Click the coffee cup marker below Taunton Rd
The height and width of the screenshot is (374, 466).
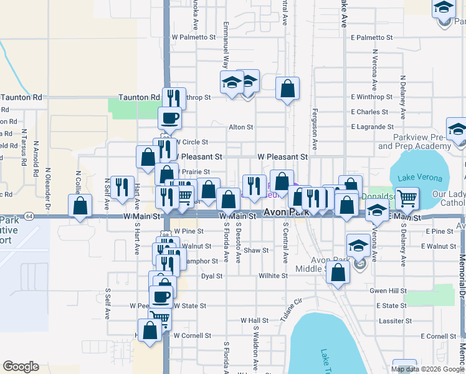[169, 117]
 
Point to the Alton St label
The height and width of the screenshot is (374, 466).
[240, 127]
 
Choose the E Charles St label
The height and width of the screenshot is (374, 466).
[369, 112]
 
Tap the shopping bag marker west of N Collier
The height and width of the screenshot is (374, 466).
[80, 206]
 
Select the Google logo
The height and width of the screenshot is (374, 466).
[21, 367]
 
